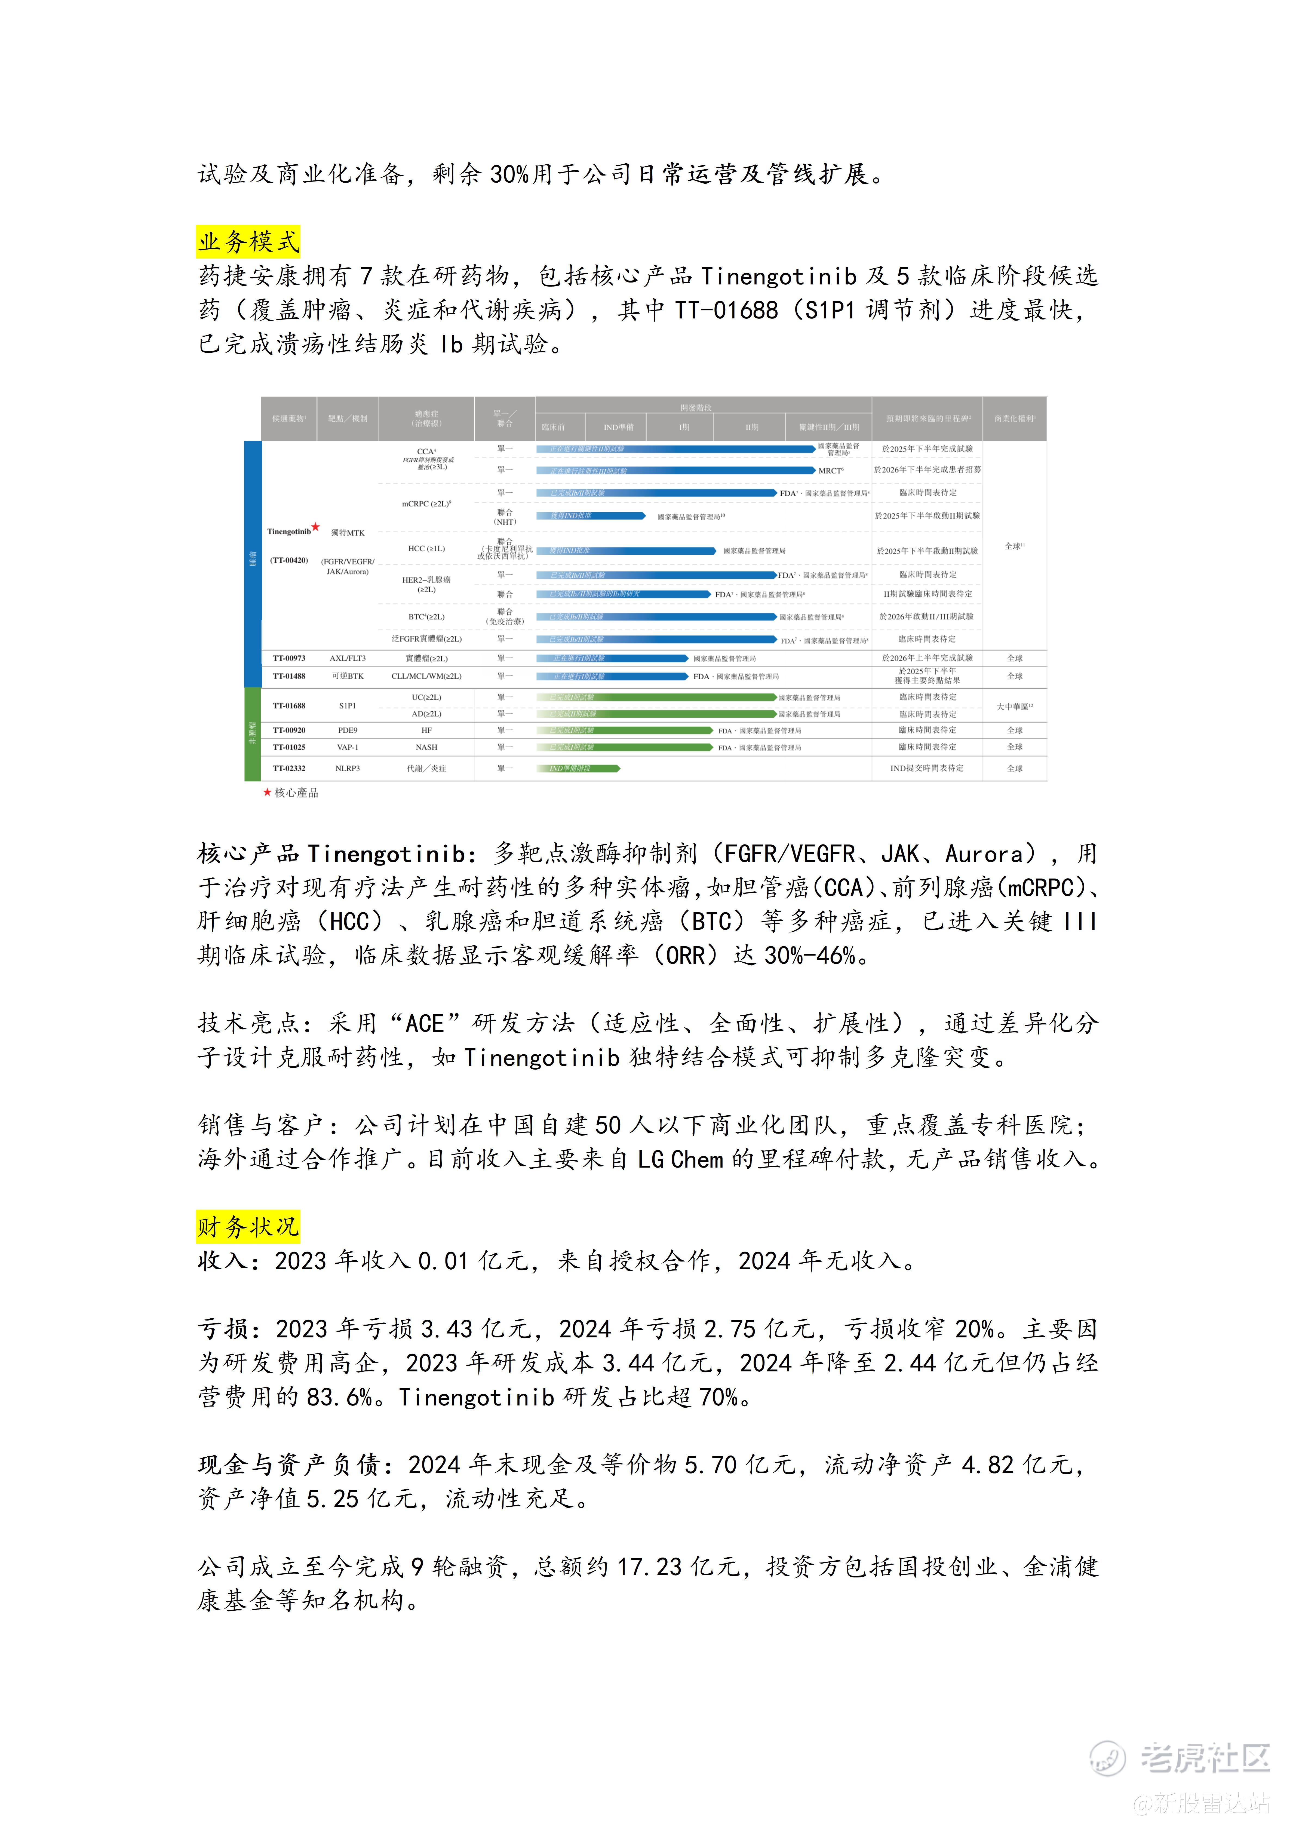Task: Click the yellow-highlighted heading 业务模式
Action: click(x=248, y=241)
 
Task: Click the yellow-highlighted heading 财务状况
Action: click(x=248, y=1226)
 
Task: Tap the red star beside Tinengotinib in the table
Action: click(x=315, y=527)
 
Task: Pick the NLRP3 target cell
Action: click(x=347, y=768)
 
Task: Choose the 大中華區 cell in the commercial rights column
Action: click(x=1014, y=707)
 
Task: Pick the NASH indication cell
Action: click(x=426, y=747)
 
